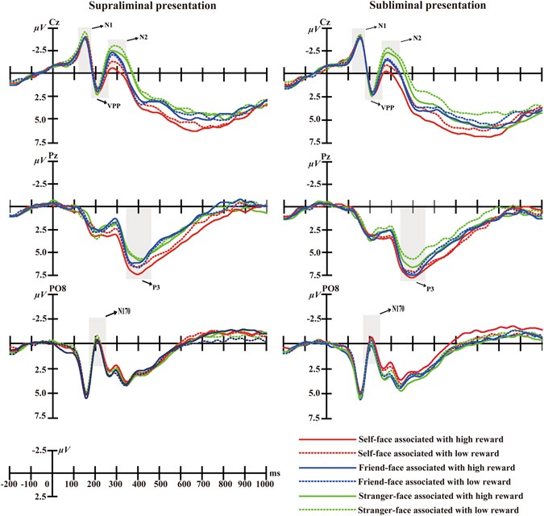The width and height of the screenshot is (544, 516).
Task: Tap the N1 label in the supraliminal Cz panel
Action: (x=108, y=25)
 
